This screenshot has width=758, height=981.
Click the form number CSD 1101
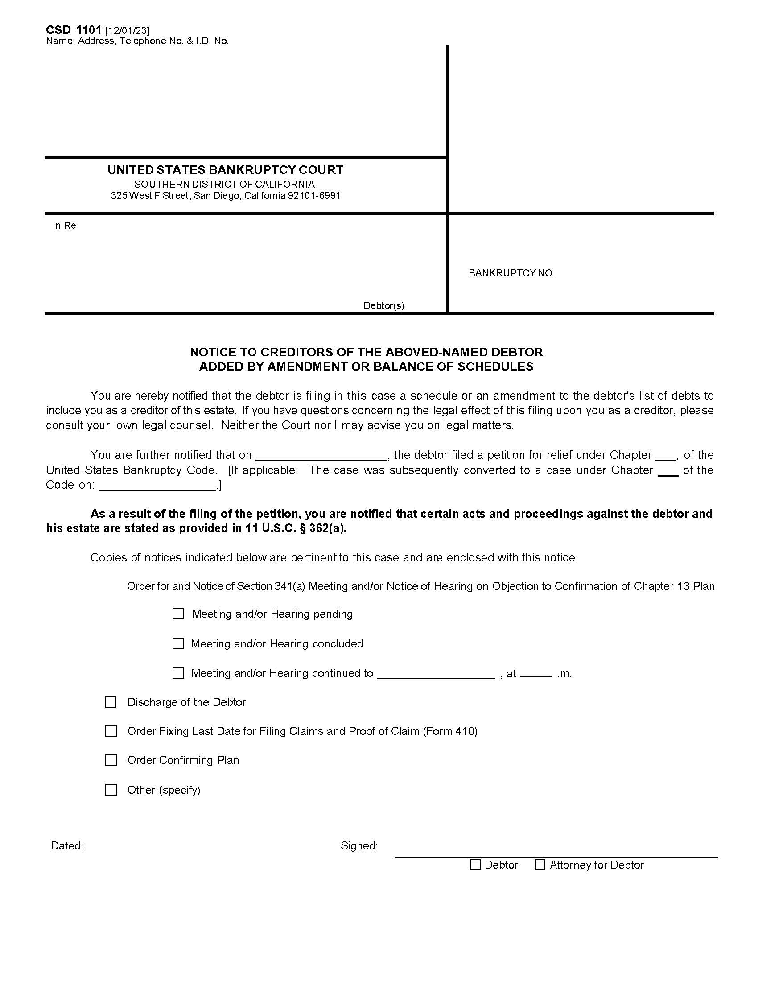(x=74, y=30)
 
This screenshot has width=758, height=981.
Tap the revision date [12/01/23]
(x=127, y=30)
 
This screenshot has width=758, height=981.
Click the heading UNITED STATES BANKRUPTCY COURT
(x=226, y=170)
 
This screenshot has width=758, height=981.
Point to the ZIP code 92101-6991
(x=314, y=196)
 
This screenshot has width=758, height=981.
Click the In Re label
(x=64, y=226)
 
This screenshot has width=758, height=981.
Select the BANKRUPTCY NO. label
(x=511, y=273)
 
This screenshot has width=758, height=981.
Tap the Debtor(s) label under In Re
(x=383, y=306)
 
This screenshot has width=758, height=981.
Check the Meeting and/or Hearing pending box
(x=178, y=614)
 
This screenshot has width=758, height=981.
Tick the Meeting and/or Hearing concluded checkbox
(x=178, y=643)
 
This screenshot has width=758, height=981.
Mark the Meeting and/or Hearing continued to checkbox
(x=178, y=673)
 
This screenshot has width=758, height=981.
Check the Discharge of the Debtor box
(x=111, y=702)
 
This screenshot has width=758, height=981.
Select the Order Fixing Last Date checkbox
(x=111, y=731)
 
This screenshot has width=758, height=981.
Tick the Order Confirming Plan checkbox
(x=111, y=760)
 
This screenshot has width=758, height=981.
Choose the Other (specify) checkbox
(x=111, y=790)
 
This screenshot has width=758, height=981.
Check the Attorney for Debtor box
(x=540, y=865)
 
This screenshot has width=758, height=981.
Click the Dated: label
(x=67, y=846)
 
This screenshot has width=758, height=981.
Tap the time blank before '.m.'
(x=536, y=674)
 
